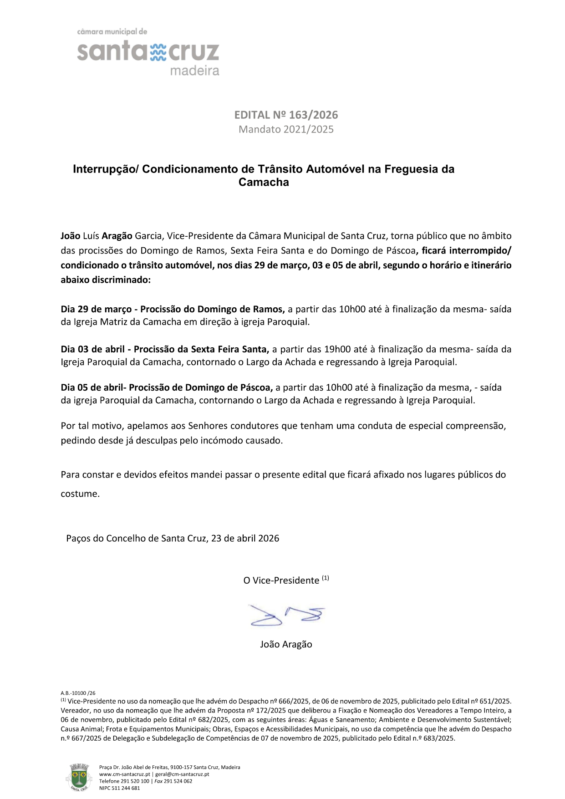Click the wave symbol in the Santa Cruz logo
tap(158, 52)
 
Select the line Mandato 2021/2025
tap(286, 129)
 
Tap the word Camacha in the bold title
tap(264, 183)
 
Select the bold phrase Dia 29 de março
tap(96, 309)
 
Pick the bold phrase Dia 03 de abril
tap(92, 349)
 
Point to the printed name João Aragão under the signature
tap(286, 644)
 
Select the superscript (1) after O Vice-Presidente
tap(326, 578)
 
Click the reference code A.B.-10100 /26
tap(78, 693)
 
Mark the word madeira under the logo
tap(194, 71)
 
